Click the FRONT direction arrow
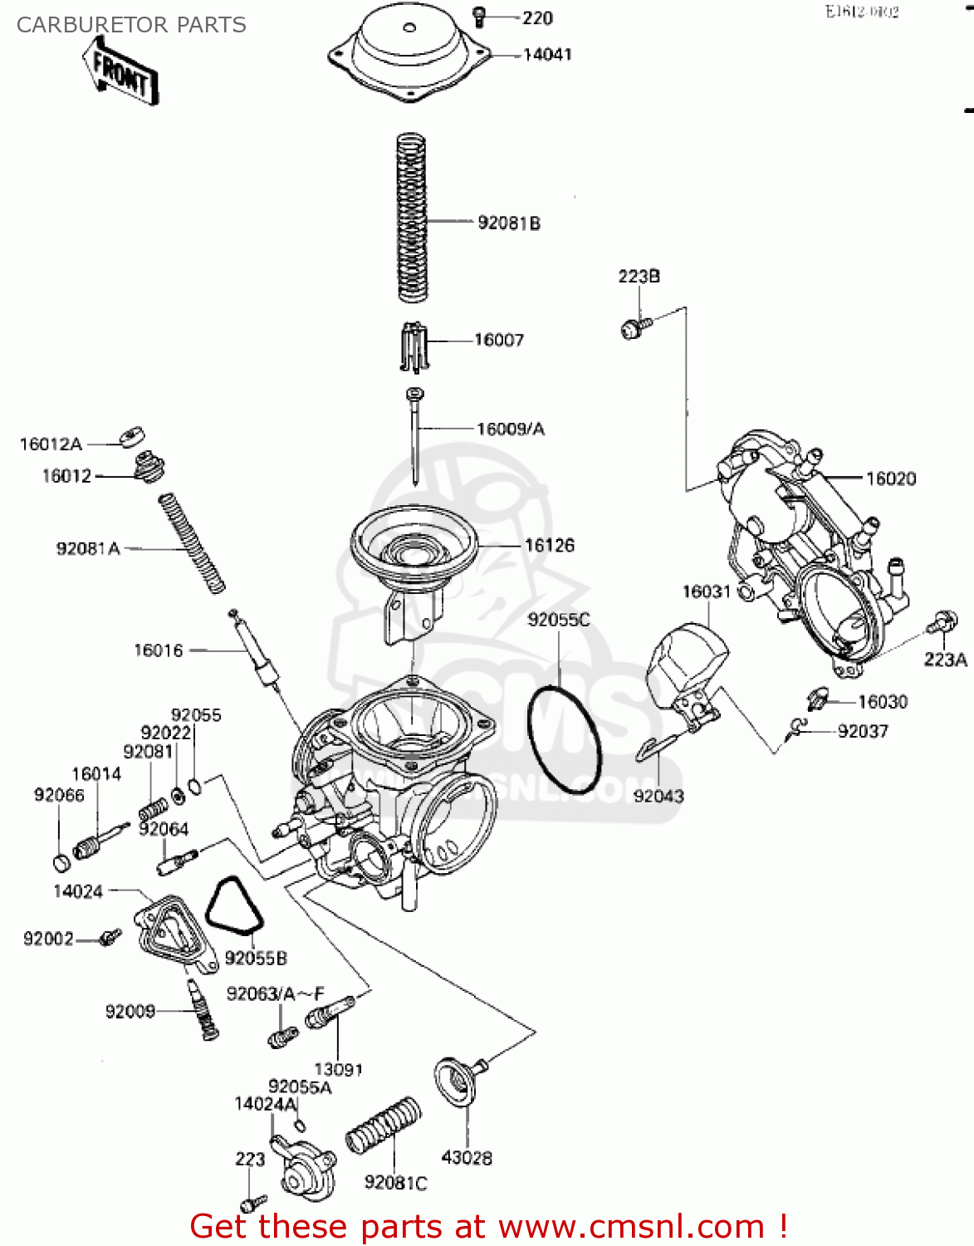[x=120, y=72]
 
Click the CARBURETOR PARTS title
[x=131, y=25]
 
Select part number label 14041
[x=547, y=55]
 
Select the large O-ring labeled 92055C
[x=564, y=739]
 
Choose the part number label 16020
[x=891, y=478]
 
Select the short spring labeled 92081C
[x=383, y=1125]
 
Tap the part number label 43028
[x=467, y=1157]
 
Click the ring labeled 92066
[x=61, y=862]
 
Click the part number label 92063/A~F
[x=275, y=993]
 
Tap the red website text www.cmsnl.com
[x=630, y=1226]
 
